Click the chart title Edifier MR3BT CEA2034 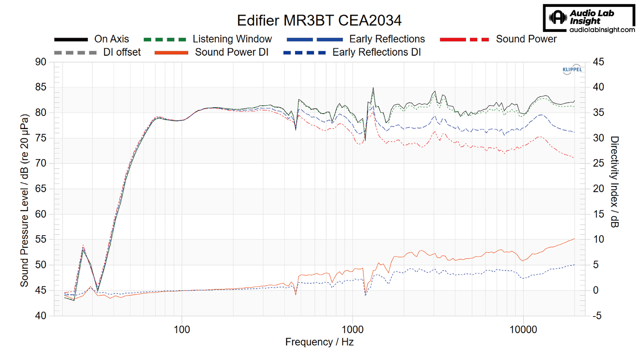coord(319,20)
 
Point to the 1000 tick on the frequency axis coord(353,329)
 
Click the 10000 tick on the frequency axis coord(523,329)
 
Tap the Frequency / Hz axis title coord(319,342)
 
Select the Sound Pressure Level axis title coord(24,189)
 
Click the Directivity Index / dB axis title coord(614,182)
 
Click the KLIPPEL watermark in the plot coord(572,70)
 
